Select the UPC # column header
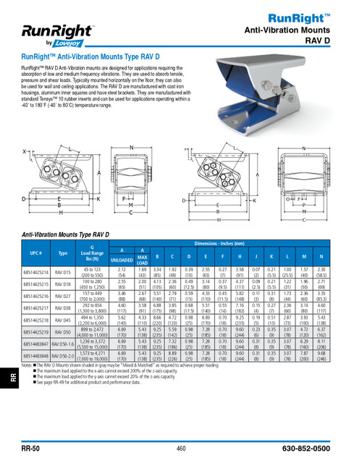click(x=35, y=254)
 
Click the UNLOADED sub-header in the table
click(x=122, y=258)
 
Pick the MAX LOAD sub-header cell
click(x=143, y=258)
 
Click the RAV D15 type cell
click(x=63, y=272)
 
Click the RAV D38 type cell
click(x=63, y=307)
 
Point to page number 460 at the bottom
click(x=181, y=449)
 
